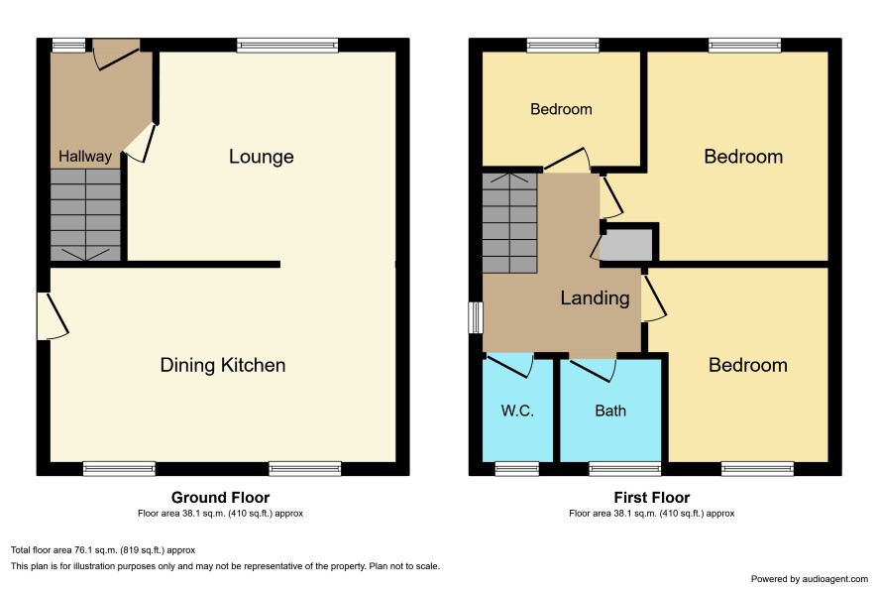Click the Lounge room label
click(261, 157)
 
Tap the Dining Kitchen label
click(223, 365)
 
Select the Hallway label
click(85, 157)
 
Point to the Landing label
click(595, 297)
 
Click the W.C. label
click(517, 411)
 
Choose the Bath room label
click(610, 411)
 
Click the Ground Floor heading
click(220, 498)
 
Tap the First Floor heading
click(652, 498)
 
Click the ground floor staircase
click(85, 215)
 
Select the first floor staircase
click(509, 223)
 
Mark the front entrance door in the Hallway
click(116, 55)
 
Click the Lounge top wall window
click(287, 46)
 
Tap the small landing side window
click(476, 317)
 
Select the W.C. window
click(517, 469)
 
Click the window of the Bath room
click(625, 469)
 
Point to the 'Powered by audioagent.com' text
click(809, 579)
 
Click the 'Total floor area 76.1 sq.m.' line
click(103, 550)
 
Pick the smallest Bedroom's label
click(561, 109)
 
